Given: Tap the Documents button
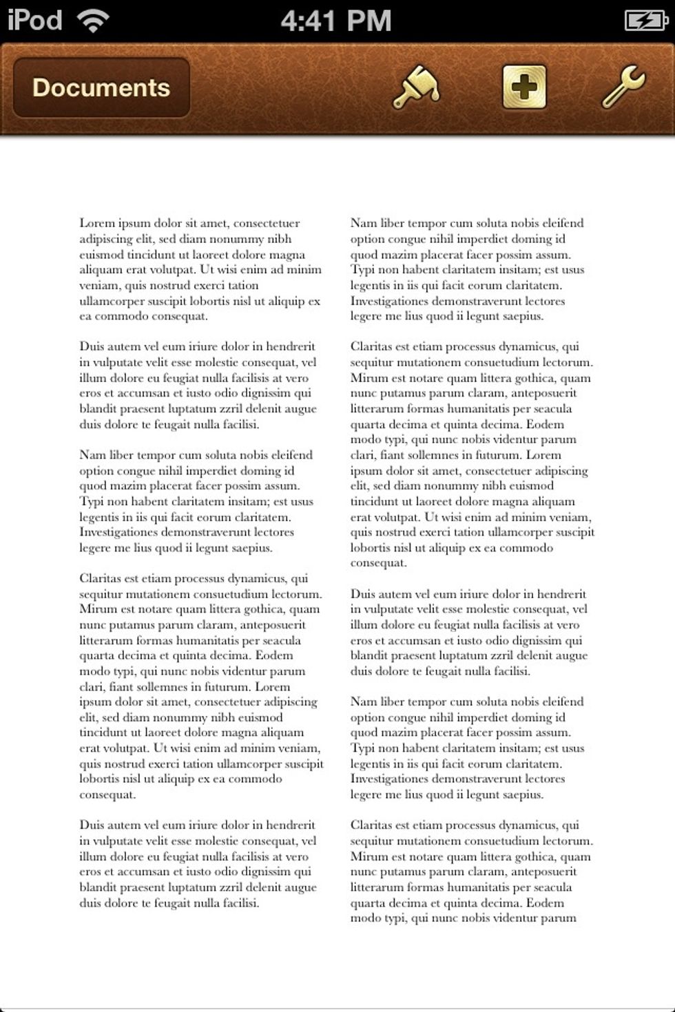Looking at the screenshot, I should tap(101, 87).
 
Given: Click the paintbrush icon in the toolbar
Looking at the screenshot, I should tap(415, 87).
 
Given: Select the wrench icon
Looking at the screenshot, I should tap(623, 87).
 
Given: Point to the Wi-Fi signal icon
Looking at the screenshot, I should tap(93, 21).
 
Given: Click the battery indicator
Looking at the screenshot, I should tap(645, 21).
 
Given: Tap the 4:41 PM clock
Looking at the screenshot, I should tap(336, 21).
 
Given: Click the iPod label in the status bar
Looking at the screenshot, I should tap(34, 21).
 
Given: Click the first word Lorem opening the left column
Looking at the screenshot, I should tap(96, 223).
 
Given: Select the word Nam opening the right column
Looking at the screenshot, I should tap(363, 223).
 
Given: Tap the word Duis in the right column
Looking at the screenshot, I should tap(363, 593).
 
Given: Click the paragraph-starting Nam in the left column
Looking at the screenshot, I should tap(92, 455).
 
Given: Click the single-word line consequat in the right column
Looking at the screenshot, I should tap(379, 563).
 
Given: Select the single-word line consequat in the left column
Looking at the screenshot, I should tap(107, 795).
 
